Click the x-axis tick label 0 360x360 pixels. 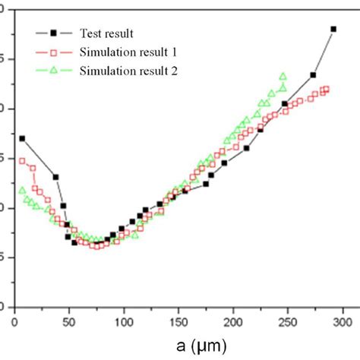(15, 323)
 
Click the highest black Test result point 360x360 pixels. (333, 29)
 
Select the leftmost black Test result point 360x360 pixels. (22, 138)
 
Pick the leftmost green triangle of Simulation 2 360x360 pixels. (22, 191)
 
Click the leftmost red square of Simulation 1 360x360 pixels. (22, 161)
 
